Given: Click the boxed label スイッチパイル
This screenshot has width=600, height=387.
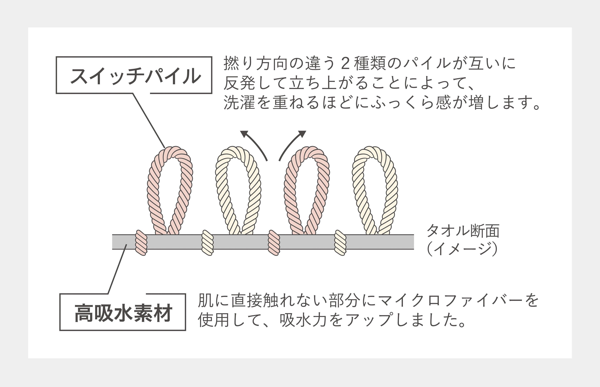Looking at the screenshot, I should [134, 75].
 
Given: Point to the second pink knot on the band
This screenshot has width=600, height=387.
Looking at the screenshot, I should [274, 243].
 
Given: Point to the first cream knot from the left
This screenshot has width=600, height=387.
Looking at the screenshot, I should [207, 243].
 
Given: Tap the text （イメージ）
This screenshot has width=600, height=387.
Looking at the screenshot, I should [462, 249].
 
